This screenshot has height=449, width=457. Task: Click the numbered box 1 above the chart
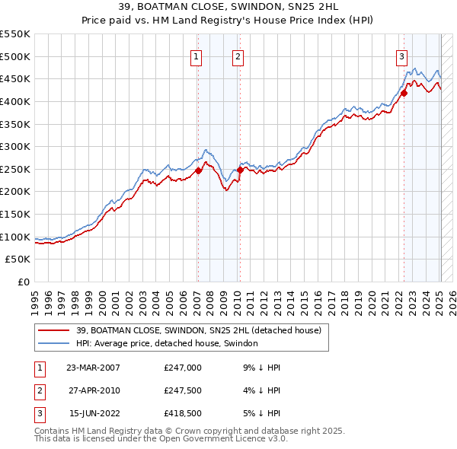[x=197, y=56]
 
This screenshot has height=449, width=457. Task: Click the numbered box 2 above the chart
[x=238, y=56]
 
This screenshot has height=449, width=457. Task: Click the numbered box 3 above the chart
[x=401, y=56]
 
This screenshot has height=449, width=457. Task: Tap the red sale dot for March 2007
[x=198, y=170]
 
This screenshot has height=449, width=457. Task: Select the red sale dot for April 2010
[x=240, y=170]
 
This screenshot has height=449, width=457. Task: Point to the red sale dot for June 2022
[x=404, y=94]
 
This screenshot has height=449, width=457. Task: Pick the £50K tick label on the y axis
[x=18, y=260]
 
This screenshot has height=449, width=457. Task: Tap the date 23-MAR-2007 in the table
[x=93, y=368]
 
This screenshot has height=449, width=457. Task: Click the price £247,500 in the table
[x=182, y=390]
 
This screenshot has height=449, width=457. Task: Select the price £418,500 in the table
[x=182, y=413]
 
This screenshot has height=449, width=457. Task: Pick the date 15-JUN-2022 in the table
[x=93, y=413]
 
